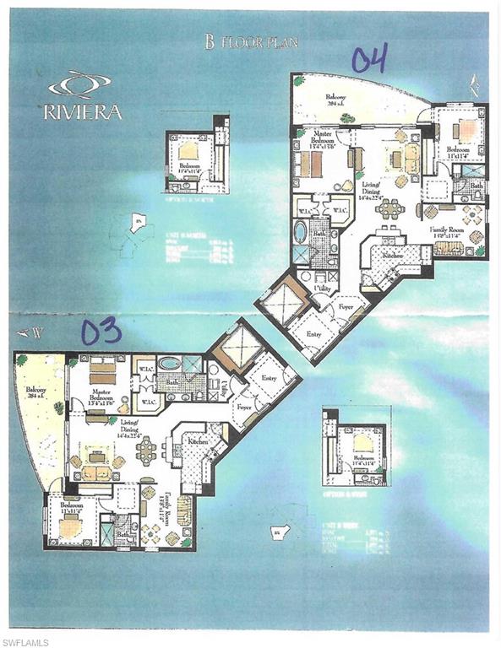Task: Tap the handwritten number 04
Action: coord(369,59)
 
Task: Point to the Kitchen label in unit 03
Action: coord(197,440)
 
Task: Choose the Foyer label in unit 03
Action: coord(244,406)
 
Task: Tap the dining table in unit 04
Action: coord(389,207)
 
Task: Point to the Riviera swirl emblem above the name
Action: coord(79,85)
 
